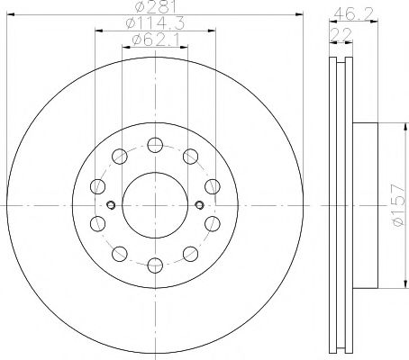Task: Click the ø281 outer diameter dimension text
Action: tap(154, 11)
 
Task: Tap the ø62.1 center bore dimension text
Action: tap(154, 40)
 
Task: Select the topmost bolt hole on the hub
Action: tap(155, 144)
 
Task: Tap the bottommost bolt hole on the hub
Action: tap(155, 264)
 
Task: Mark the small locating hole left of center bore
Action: tap(110, 204)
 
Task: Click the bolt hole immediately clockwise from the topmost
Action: tap(190, 156)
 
